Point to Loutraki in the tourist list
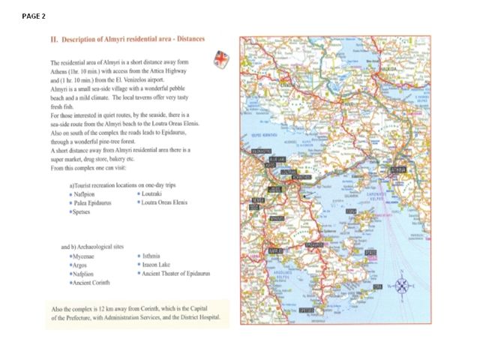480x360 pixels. [154, 193]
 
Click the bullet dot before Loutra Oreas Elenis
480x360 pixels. [139, 203]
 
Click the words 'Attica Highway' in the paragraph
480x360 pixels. [166, 70]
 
